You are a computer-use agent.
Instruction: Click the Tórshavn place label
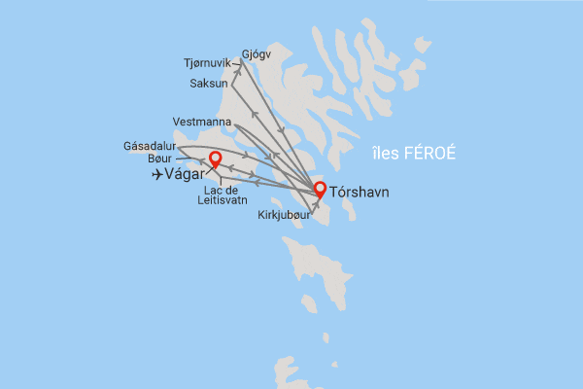click(x=360, y=193)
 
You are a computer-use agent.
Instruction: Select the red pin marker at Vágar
click(x=216, y=159)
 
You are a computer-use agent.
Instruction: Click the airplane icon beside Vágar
click(x=159, y=174)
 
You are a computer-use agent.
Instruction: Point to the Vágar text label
click(x=186, y=174)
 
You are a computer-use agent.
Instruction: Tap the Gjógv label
click(x=256, y=55)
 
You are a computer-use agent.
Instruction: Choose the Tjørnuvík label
click(x=207, y=63)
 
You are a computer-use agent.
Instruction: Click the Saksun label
click(x=208, y=84)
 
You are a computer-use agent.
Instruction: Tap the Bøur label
click(x=161, y=159)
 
